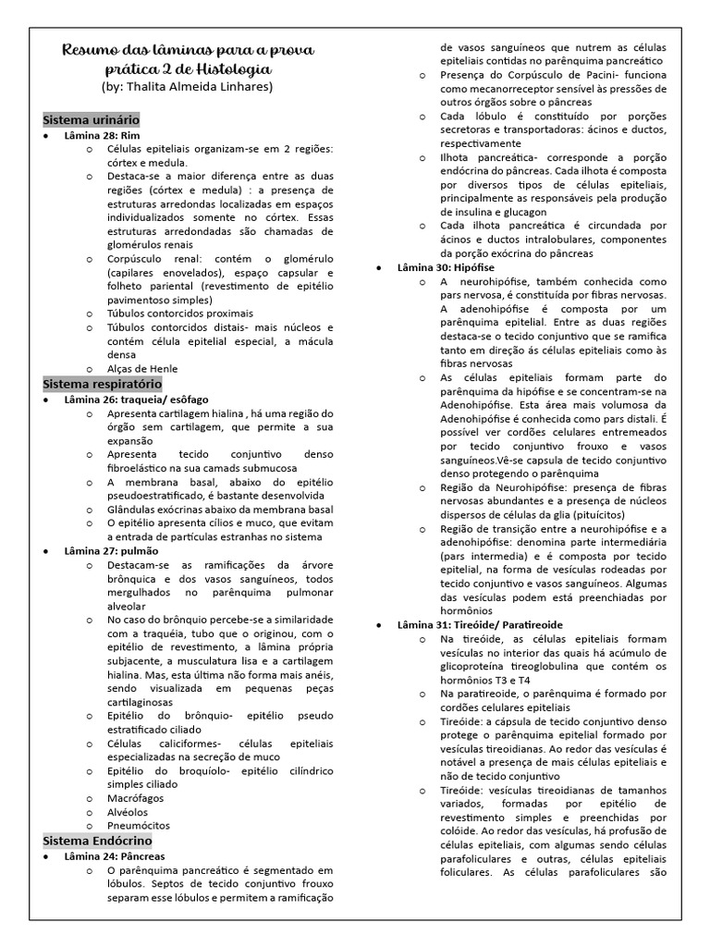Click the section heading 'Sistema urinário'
pyautogui.click(x=92, y=120)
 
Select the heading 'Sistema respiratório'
pyautogui.click(x=103, y=383)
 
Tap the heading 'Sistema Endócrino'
pyautogui.click(x=97, y=841)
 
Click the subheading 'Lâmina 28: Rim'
pyautogui.click(x=102, y=135)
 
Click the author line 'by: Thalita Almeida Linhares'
pyautogui.click(x=187, y=87)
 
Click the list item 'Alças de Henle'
pyautogui.click(x=142, y=368)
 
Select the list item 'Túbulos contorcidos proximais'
pyautogui.click(x=180, y=314)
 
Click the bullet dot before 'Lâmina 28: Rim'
pyautogui.click(x=47, y=136)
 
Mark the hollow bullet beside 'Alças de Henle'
pyautogui.click(x=89, y=369)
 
